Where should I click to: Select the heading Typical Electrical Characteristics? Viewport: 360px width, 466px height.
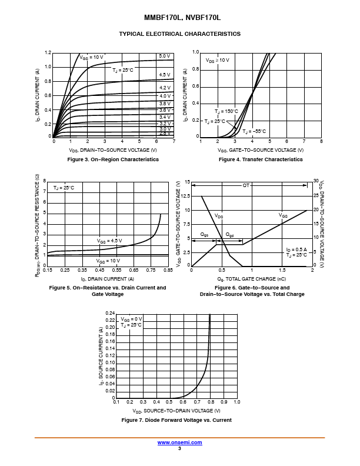pyautogui.click(x=179, y=34)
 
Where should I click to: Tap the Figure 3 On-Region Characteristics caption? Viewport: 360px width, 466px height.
pyautogui.click(x=113, y=159)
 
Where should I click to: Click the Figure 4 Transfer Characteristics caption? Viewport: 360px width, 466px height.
pyautogui.click(x=261, y=159)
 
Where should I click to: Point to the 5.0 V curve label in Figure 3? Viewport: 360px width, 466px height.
pyautogui.click(x=164, y=56)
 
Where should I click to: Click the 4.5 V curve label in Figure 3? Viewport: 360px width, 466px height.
pyautogui.click(x=164, y=75)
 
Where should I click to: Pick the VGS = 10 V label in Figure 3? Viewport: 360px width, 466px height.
pyautogui.click(x=91, y=56)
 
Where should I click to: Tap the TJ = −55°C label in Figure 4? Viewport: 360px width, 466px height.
pyautogui.click(x=254, y=131)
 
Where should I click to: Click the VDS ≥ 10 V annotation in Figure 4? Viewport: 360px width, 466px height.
pyautogui.click(x=217, y=60)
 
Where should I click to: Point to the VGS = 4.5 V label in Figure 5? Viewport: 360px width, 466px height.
pyautogui.click(x=109, y=241)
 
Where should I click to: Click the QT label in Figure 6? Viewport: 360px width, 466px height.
pyautogui.click(x=246, y=185)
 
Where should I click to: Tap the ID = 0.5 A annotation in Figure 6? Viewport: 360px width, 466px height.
pyautogui.click(x=296, y=249)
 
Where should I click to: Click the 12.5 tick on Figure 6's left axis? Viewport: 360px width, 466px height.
pyautogui.click(x=185, y=196)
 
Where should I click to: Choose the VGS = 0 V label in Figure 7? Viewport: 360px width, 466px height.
pyautogui.click(x=131, y=318)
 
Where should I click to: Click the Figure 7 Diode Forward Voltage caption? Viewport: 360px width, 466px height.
pyautogui.click(x=176, y=420)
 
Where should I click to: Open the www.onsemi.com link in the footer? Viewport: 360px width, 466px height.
pyautogui.click(x=179, y=442)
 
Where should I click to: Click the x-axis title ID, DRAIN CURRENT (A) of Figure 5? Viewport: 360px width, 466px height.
pyautogui.click(x=107, y=278)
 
